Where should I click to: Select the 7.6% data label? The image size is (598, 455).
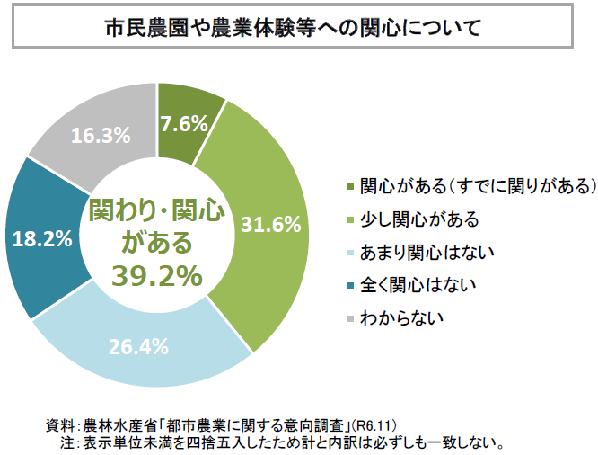coord(183,125)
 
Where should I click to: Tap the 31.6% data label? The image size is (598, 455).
coord(270,225)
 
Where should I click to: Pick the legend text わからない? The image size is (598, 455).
coord(402,317)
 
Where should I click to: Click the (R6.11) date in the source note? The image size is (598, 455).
coord(374,424)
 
